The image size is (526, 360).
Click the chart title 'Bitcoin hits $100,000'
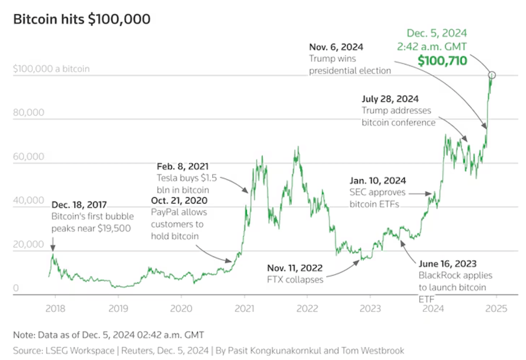pyautogui.click(x=82, y=19)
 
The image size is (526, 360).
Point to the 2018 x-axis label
pyautogui.click(x=55, y=308)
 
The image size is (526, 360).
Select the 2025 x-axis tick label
pyautogui.click(x=496, y=308)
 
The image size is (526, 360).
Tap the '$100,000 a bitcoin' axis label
pyautogui.click(x=51, y=69)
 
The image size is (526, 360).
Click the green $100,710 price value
pyautogui.click(x=443, y=60)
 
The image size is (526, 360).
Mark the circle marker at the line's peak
pyautogui.click(x=493, y=75)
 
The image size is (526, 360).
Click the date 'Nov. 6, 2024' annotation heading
pyautogui.click(x=336, y=46)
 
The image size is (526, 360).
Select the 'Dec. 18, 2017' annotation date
pyautogui.click(x=78, y=205)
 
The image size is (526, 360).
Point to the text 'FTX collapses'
pyautogui.click(x=295, y=280)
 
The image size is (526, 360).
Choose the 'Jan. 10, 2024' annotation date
pyautogui.click(x=378, y=181)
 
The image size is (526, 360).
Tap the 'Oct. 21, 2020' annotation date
pyautogui.click(x=181, y=200)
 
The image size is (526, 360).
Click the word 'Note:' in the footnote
pyautogui.click(x=25, y=335)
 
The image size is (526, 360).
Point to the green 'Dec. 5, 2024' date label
pyautogui.click(x=437, y=33)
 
